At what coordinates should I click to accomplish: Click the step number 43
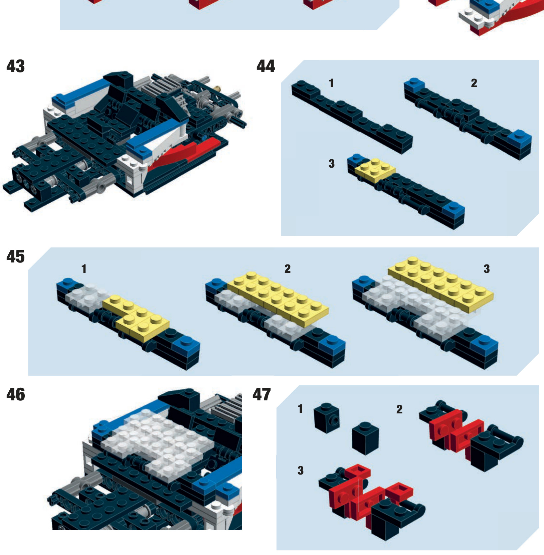[x=15, y=66]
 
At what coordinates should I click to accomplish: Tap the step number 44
[x=266, y=66]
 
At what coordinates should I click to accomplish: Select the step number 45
[x=15, y=256]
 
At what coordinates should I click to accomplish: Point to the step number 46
[x=15, y=394]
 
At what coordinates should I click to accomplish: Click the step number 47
[x=262, y=394]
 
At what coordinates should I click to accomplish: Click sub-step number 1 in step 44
[x=331, y=83]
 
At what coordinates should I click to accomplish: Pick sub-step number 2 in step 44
[x=474, y=83]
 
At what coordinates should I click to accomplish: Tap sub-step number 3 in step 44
[x=331, y=164]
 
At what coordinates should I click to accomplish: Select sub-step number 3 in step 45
[x=487, y=269]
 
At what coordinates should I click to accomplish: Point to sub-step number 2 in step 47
[x=399, y=409]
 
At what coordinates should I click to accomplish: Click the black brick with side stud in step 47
[x=327, y=418]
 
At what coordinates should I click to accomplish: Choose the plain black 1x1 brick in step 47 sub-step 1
[x=366, y=438]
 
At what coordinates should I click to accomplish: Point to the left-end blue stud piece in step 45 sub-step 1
[x=68, y=286]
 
